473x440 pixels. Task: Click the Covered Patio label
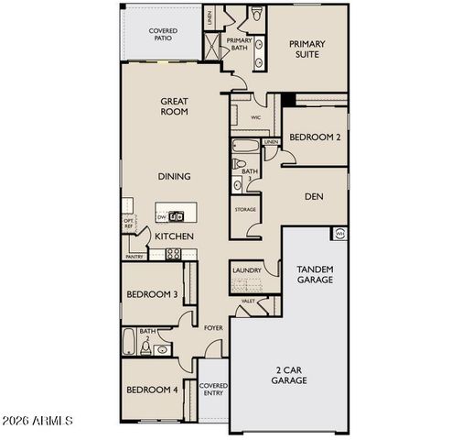point(163,36)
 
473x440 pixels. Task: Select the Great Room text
point(174,106)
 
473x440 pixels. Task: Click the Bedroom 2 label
point(314,137)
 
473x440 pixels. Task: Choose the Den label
point(314,194)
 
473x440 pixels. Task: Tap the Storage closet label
point(245,210)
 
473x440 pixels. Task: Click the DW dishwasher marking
point(161,217)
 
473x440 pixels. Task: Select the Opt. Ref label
point(129,223)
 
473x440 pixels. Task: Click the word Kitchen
point(173,236)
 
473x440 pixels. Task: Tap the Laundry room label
point(247,270)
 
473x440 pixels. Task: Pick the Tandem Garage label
point(316,274)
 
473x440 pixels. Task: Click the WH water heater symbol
point(339,234)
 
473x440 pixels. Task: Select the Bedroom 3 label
point(151,294)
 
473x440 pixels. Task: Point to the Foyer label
point(213,327)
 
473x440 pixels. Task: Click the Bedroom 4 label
point(151,390)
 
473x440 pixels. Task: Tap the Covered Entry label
point(213,390)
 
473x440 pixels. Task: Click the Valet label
point(248,301)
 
